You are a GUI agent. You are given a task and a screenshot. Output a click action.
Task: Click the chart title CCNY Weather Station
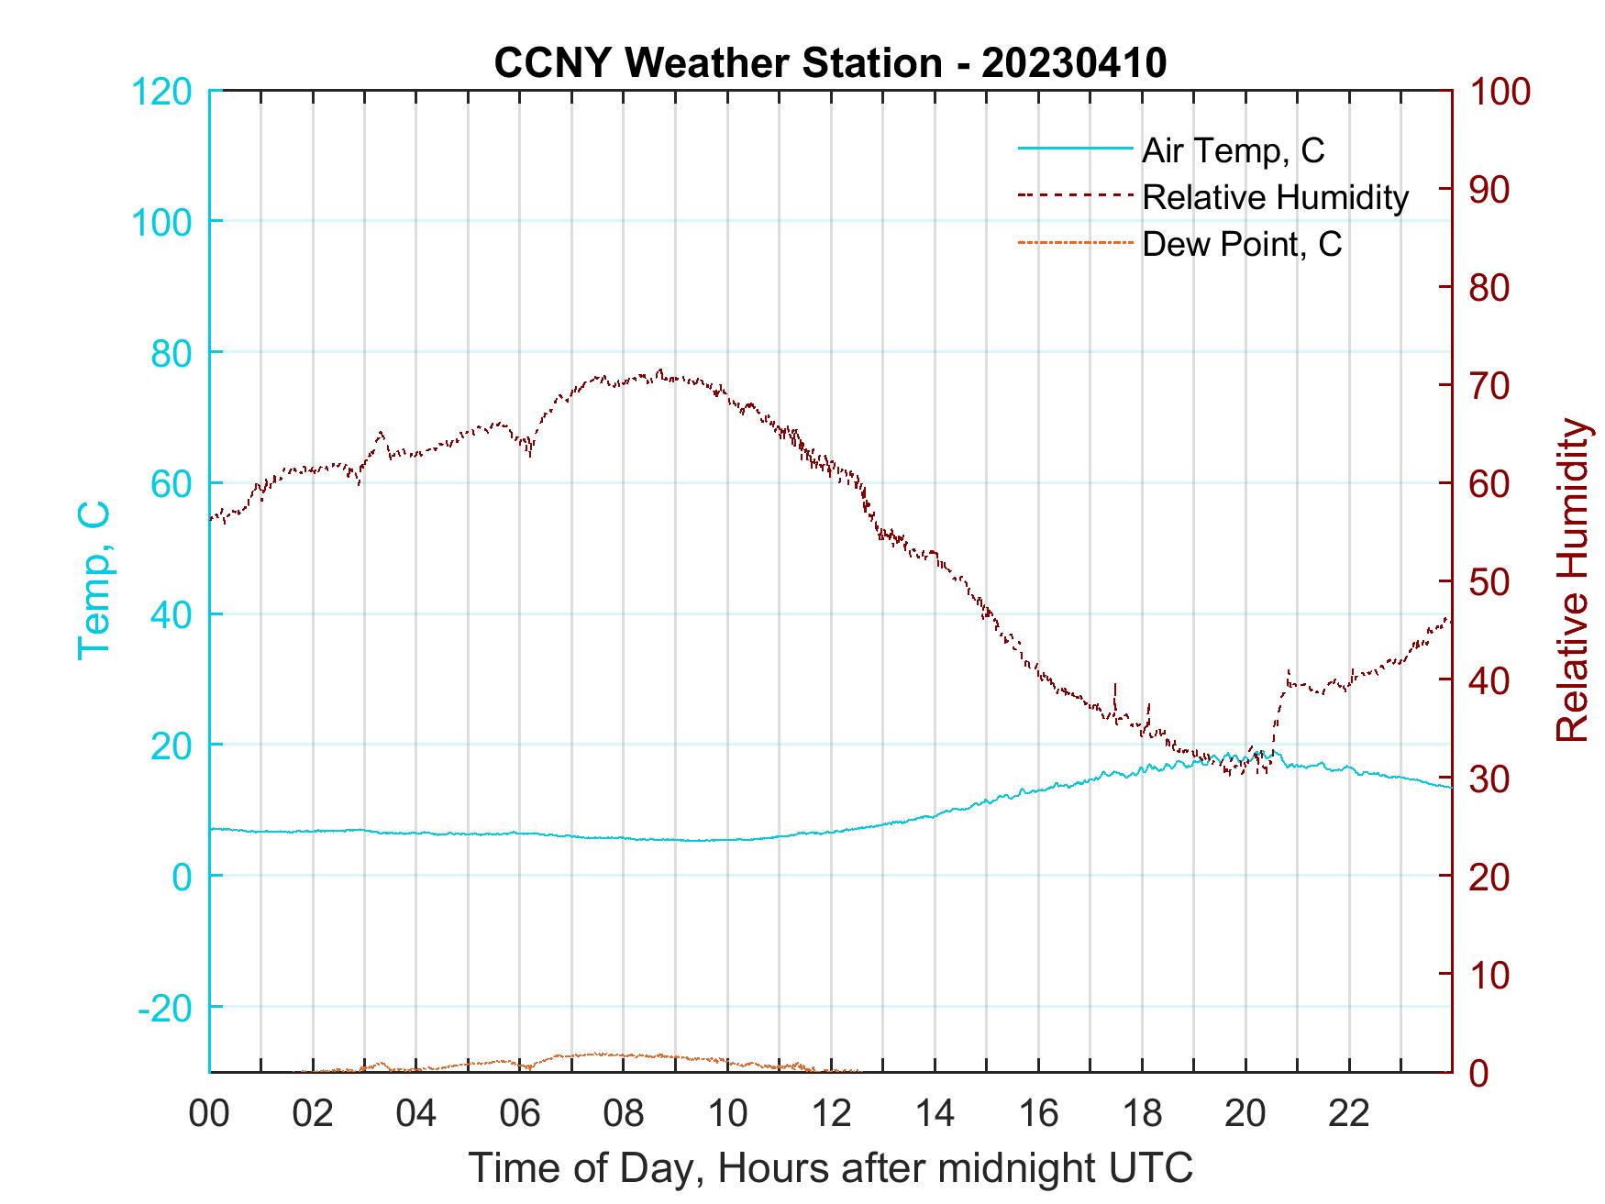(x=830, y=63)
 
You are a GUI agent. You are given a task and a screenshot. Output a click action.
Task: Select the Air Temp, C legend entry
(x=1233, y=149)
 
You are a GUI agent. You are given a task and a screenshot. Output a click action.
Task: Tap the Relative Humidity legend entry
(x=1275, y=197)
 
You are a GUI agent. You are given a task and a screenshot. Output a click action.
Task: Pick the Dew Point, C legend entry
(x=1242, y=244)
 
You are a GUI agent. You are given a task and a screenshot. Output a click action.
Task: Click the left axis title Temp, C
(x=94, y=580)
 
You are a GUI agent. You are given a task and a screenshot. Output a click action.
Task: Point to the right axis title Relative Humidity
(x=1572, y=580)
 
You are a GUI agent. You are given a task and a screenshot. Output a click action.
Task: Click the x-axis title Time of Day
(x=830, y=1168)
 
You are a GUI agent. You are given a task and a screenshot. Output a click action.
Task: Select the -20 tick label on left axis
(x=165, y=1007)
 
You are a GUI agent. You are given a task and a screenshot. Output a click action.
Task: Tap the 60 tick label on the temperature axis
(x=172, y=483)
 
